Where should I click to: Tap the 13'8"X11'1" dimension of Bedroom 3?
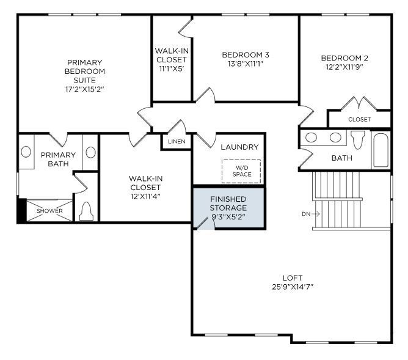coord(245,64)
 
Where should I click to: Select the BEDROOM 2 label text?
coord(344,59)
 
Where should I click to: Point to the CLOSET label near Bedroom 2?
coord(359,119)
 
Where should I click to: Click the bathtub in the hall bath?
coord(381,150)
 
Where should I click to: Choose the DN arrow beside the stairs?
coord(306,214)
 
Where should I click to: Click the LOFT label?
coord(293,277)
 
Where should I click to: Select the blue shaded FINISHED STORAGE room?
coord(228,208)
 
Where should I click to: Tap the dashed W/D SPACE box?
coord(241,171)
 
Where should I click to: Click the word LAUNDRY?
coord(239,147)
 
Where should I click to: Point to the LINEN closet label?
coord(177,142)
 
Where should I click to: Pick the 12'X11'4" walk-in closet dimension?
coord(145,196)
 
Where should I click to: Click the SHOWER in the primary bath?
coord(49,211)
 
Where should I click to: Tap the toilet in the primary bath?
coord(86,211)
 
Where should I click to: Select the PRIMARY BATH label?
coord(58,160)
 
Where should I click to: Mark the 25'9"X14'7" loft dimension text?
coord(293,287)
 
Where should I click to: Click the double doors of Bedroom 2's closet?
coord(358,103)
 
